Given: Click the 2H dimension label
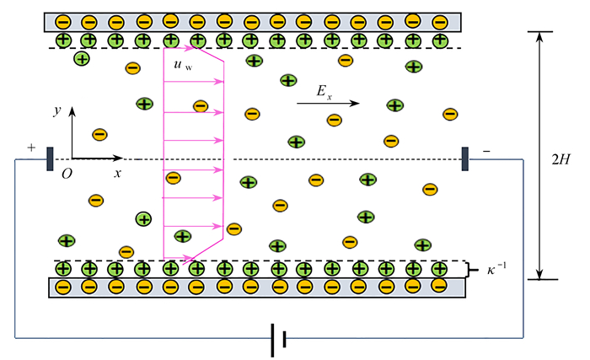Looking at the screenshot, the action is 560,159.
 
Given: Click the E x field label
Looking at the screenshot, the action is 324,92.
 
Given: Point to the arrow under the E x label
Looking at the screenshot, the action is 328,103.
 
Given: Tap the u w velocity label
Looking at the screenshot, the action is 183,65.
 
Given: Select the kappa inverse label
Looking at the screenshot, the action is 496,269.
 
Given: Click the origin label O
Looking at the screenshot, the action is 67,174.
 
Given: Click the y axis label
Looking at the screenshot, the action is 57,110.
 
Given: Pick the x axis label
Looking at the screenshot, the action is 118,173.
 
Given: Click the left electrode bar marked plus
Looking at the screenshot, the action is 50,159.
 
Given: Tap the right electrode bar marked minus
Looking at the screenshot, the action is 465,159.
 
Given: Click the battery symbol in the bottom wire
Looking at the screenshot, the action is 278,340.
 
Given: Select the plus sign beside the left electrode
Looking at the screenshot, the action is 31,148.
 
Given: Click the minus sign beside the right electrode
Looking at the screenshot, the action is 486,152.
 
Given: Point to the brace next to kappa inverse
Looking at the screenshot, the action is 470,270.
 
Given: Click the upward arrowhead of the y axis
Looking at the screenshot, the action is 72,110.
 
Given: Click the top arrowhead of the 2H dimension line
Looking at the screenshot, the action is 540,36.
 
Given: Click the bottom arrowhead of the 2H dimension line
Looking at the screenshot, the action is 540,274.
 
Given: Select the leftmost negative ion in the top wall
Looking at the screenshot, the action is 63,22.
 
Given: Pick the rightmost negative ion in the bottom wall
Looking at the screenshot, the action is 439,286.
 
